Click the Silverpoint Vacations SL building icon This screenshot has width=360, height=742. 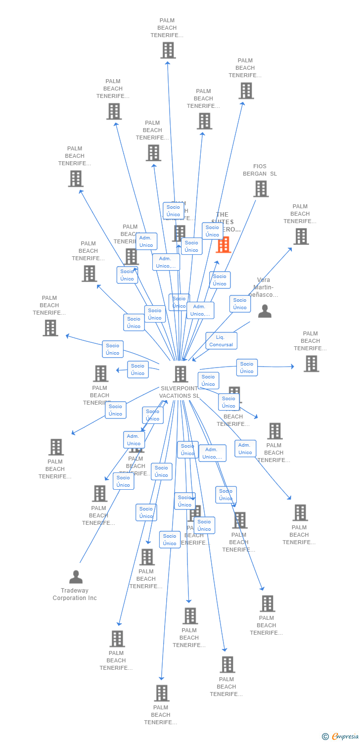coord(180,374)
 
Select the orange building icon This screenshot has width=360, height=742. coord(224,245)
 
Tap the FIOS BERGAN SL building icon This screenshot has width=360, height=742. coord(261,189)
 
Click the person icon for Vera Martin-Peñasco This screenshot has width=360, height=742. coord(265,311)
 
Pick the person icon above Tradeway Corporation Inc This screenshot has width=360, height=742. coord(76,577)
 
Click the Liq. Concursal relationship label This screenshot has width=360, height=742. coord(221,341)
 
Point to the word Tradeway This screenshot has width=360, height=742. coord(75,591)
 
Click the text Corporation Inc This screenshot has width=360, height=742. coord(75,598)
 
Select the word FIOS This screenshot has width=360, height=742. coord(260,167)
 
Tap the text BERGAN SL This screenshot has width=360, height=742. coord(260,174)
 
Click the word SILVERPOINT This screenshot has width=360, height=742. coord(179,389)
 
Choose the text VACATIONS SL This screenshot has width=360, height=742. coord(179,396)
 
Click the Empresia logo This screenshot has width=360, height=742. coord(345,737)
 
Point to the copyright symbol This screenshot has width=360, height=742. coord(325,737)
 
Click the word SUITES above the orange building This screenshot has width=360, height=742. coord(223,222)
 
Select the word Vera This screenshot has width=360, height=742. coord(264,280)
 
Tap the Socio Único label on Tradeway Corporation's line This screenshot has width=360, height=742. coord(123,481)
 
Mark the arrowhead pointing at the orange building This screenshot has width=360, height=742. coord(217,263)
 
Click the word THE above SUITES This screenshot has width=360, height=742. coord(223,215)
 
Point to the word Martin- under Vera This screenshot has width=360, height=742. coord(264,287)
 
